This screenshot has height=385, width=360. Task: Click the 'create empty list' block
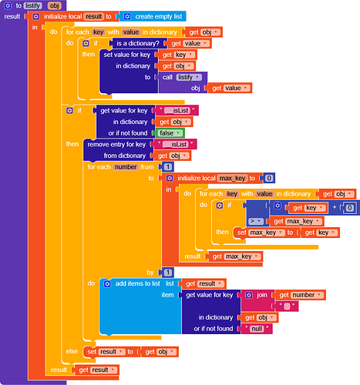pos(153,16)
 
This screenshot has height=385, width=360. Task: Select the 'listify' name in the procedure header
pos(32,5)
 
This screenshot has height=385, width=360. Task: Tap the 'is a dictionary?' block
pos(138,43)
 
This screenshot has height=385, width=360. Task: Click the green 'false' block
pos(170,133)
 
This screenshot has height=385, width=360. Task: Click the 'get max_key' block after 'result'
pos(236,256)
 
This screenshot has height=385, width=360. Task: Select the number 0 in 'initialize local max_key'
pos(269,178)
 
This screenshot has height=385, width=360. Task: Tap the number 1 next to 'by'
pos(167,273)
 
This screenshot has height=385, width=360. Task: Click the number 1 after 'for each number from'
pos(167,167)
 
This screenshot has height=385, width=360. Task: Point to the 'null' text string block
pos(257,329)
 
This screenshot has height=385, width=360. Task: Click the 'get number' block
pos(300,295)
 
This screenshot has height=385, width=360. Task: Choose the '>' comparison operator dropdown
pos(256,221)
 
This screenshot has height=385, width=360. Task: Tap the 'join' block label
pos(262,295)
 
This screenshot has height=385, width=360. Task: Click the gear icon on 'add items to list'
pos(107,284)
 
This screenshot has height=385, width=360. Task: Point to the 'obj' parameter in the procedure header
pos(54,5)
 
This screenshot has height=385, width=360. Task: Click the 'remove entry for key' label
pos(116,145)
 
